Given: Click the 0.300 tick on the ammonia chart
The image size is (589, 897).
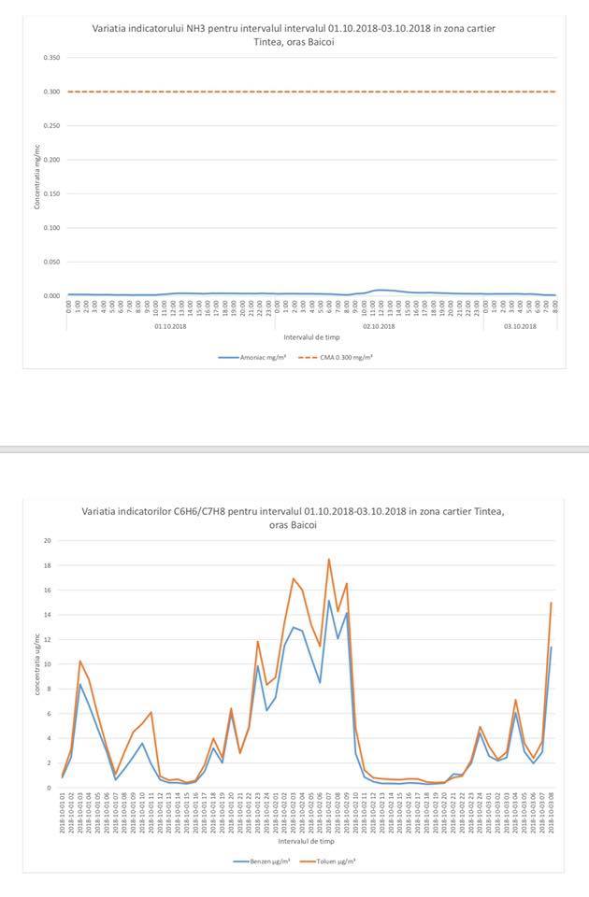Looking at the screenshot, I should click(52, 92).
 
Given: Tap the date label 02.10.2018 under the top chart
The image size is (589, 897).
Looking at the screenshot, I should click(379, 326).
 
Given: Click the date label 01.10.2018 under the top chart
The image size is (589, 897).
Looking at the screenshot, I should click(171, 326).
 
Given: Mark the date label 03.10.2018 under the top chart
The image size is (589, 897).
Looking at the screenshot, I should click(520, 326).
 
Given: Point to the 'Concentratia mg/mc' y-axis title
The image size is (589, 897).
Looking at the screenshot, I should click(37, 178).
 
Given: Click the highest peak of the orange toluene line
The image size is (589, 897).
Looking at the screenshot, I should click(329, 559).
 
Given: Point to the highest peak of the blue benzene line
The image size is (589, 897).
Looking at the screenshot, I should click(329, 600).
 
